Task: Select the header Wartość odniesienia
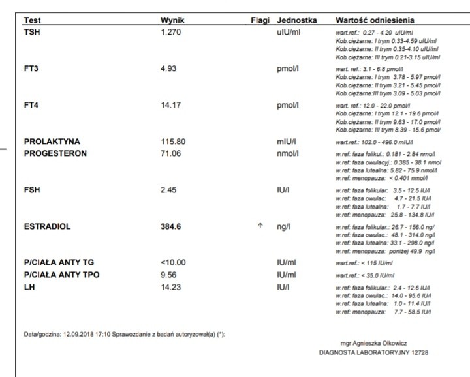[x=375, y=21]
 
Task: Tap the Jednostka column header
[x=297, y=21]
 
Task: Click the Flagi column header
[x=261, y=21]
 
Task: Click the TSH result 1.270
[x=171, y=31]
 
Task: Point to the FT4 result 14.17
[x=170, y=104]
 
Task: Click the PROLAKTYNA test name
[x=52, y=142]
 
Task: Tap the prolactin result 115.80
[x=173, y=142]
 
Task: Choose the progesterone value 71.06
[x=171, y=153]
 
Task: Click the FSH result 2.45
[x=168, y=190]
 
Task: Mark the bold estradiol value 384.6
[x=171, y=227]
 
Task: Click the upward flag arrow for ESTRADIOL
[x=260, y=227]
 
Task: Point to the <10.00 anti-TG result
[x=173, y=263]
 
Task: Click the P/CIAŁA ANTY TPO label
[x=61, y=275]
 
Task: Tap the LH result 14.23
[x=171, y=286]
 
